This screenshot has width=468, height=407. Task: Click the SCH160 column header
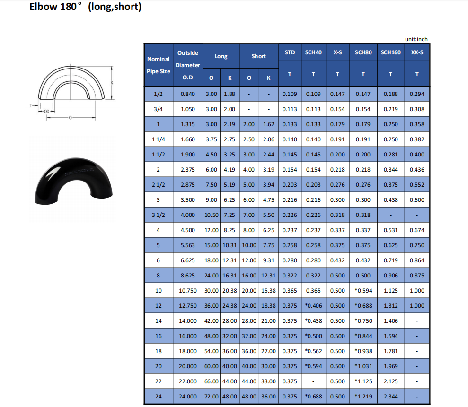(x=391, y=52)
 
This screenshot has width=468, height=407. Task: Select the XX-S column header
(x=417, y=52)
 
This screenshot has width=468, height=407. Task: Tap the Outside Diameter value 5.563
(x=188, y=245)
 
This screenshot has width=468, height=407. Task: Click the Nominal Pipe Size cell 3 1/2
(x=158, y=215)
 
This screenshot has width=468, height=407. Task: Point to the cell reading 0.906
(x=391, y=276)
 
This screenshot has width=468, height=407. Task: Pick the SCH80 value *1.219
(x=363, y=397)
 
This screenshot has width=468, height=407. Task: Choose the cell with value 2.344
(x=391, y=397)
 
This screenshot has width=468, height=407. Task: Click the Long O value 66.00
(x=212, y=381)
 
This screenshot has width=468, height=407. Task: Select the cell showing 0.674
(x=417, y=230)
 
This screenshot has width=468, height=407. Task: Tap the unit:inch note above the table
(x=416, y=39)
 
